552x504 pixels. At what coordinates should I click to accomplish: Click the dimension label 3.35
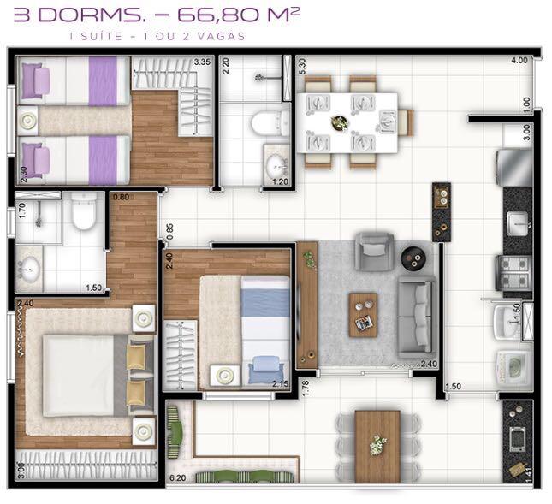click(202, 62)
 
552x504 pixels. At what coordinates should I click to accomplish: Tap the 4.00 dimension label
click(519, 62)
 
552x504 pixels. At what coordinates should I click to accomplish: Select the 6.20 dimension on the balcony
click(178, 477)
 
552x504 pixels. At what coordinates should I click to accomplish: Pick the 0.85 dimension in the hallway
click(170, 229)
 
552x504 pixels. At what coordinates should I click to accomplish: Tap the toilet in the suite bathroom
click(84, 211)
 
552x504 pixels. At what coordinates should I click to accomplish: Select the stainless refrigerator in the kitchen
click(514, 166)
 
